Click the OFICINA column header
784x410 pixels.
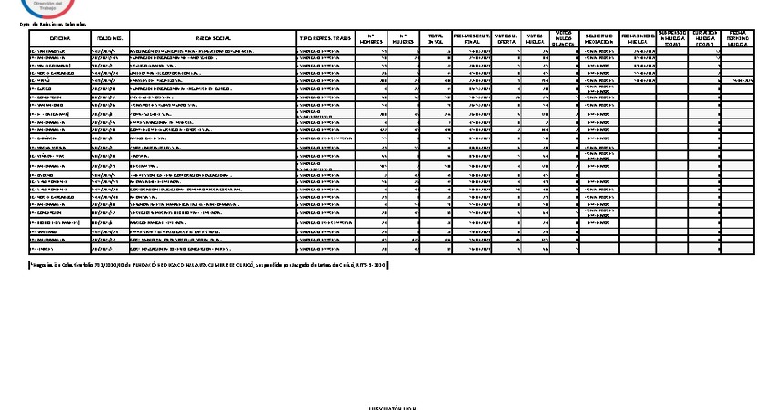tap(60, 38)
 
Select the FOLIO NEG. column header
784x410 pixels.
tap(110, 38)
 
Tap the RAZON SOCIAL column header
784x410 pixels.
tap(214, 38)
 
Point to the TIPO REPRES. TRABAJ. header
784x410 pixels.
tap(324, 38)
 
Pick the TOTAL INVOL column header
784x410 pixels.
tap(436, 38)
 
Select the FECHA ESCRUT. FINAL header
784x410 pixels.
tap(470, 38)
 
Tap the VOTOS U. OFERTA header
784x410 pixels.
tap(508, 38)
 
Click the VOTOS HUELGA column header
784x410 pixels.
tap(539, 38)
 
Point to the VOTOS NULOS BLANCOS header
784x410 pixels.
tap(565, 38)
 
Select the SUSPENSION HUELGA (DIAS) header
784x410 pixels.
tap(672, 38)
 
